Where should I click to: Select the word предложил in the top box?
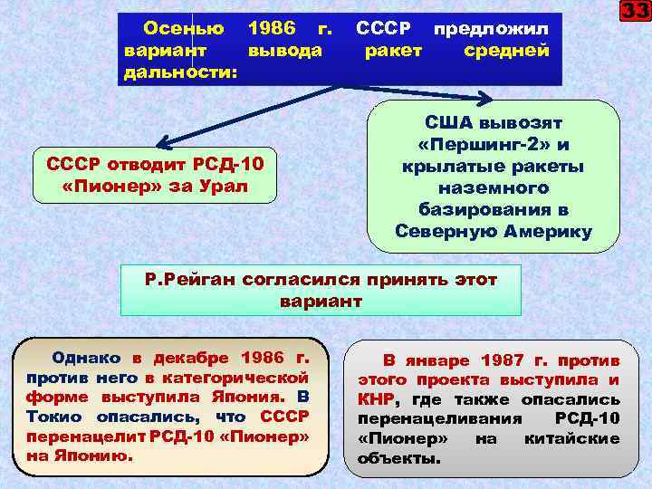(492, 28)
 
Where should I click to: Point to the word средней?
(506, 49)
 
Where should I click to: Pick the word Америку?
(545, 232)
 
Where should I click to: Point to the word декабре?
(194, 357)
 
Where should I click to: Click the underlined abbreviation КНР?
(377, 399)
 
